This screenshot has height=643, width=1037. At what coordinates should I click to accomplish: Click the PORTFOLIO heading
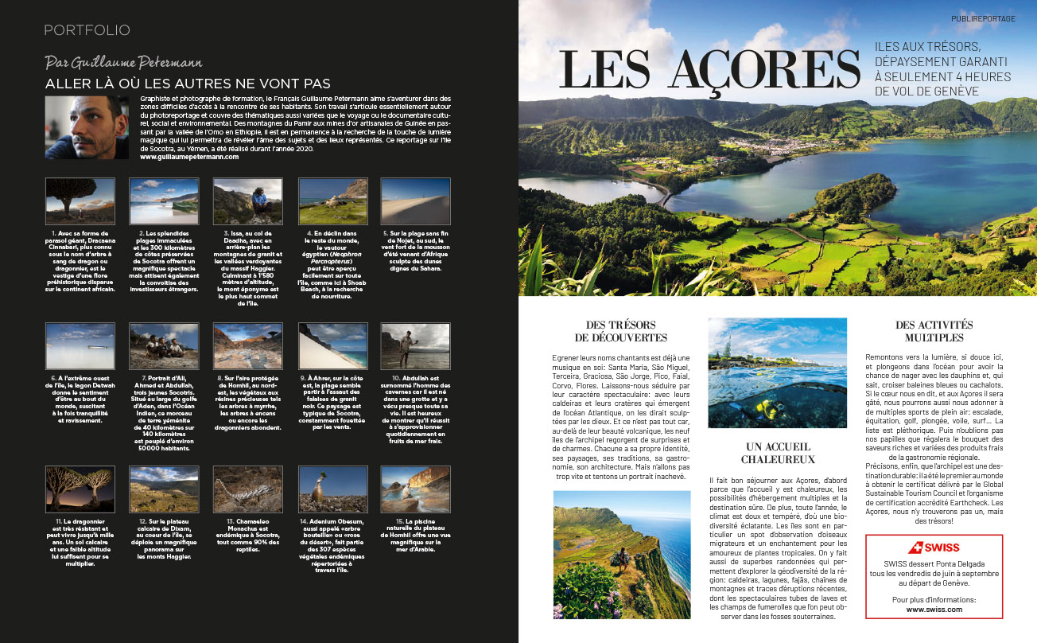[87, 30]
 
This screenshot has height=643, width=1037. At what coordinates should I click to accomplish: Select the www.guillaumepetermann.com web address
[189, 157]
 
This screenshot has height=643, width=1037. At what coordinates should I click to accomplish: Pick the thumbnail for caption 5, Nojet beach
[404, 201]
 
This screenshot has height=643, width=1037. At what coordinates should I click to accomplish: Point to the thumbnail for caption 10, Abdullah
[404, 345]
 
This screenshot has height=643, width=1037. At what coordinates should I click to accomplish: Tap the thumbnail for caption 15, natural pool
[404, 489]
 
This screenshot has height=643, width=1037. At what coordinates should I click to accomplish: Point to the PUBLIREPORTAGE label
[983, 18]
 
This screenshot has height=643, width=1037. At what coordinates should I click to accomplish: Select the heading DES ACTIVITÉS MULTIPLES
[934, 331]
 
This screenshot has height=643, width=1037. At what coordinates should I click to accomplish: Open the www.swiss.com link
[934, 609]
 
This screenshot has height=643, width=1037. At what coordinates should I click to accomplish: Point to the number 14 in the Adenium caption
[303, 521]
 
